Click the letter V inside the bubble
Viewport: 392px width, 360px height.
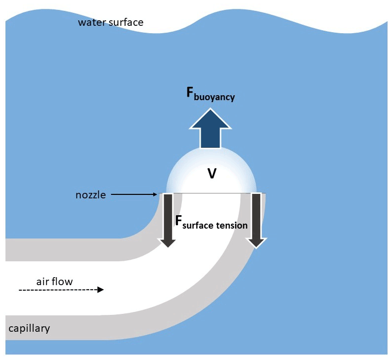point(212,174)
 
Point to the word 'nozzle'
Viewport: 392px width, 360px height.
point(91,195)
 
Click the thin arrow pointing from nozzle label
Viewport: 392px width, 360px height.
point(134,195)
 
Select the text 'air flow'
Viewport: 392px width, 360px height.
point(55,282)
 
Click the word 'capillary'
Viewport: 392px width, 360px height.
point(29,328)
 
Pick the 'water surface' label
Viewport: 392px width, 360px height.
point(111,22)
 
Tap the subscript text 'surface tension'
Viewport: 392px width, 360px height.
point(215,226)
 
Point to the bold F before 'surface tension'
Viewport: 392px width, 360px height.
point(179,220)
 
